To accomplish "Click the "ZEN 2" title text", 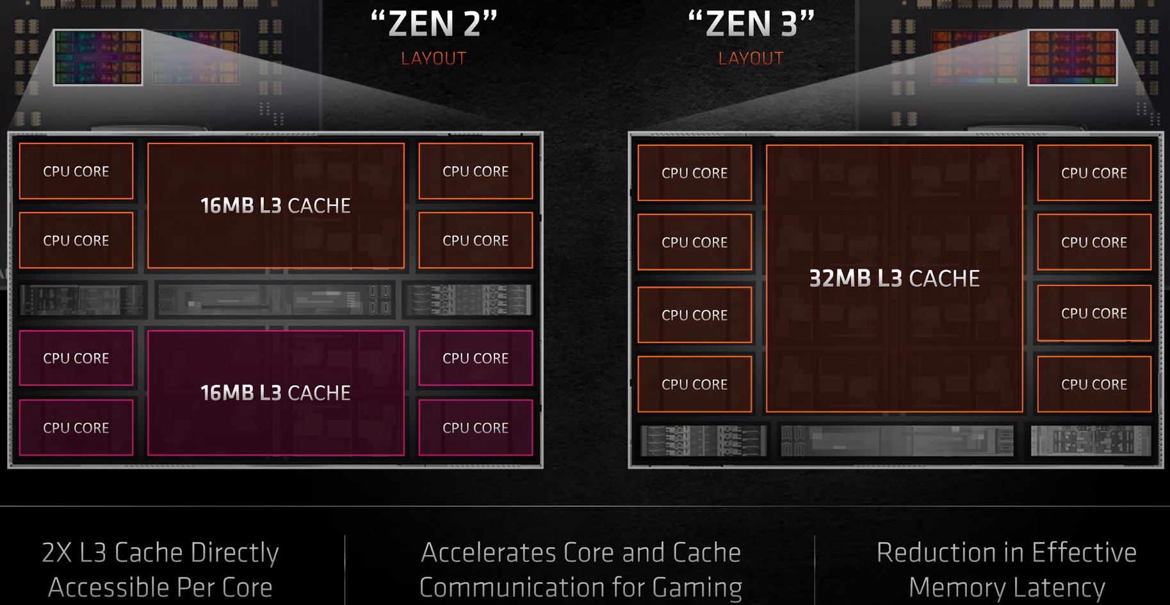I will coord(434,24).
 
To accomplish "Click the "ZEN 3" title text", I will coord(751,24).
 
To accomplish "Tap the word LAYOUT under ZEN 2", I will coord(434,58).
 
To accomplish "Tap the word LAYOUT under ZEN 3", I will coord(751,58).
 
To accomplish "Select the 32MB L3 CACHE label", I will coord(894,278).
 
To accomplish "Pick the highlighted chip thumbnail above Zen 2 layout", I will coord(97,57).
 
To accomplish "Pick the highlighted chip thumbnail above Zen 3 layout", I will coord(1072,57).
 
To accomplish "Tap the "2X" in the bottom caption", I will coord(56,553).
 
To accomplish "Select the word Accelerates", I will coord(485,553).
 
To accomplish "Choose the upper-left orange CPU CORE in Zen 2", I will coord(76,171).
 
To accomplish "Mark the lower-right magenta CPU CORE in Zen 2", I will coord(475,428).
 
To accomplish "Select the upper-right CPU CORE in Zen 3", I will coord(1094,173).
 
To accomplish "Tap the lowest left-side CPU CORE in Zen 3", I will coord(694,384).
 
